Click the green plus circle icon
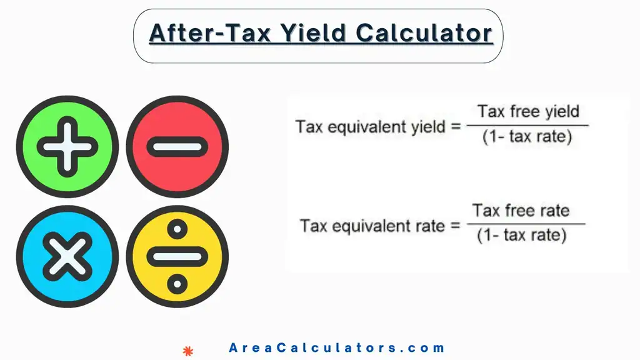point(67,147)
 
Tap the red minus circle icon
point(177,147)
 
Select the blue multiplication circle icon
point(67,256)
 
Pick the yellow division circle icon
point(177,256)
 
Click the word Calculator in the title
point(425,32)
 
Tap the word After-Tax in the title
point(209,32)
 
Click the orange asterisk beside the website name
point(187,349)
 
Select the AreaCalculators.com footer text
point(337,348)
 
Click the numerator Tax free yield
point(528,112)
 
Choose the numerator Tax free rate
point(521,210)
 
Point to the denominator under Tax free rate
point(521,236)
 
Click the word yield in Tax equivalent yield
point(427,127)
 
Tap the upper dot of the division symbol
point(177,229)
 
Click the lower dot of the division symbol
point(177,282)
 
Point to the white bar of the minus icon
point(177,147)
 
